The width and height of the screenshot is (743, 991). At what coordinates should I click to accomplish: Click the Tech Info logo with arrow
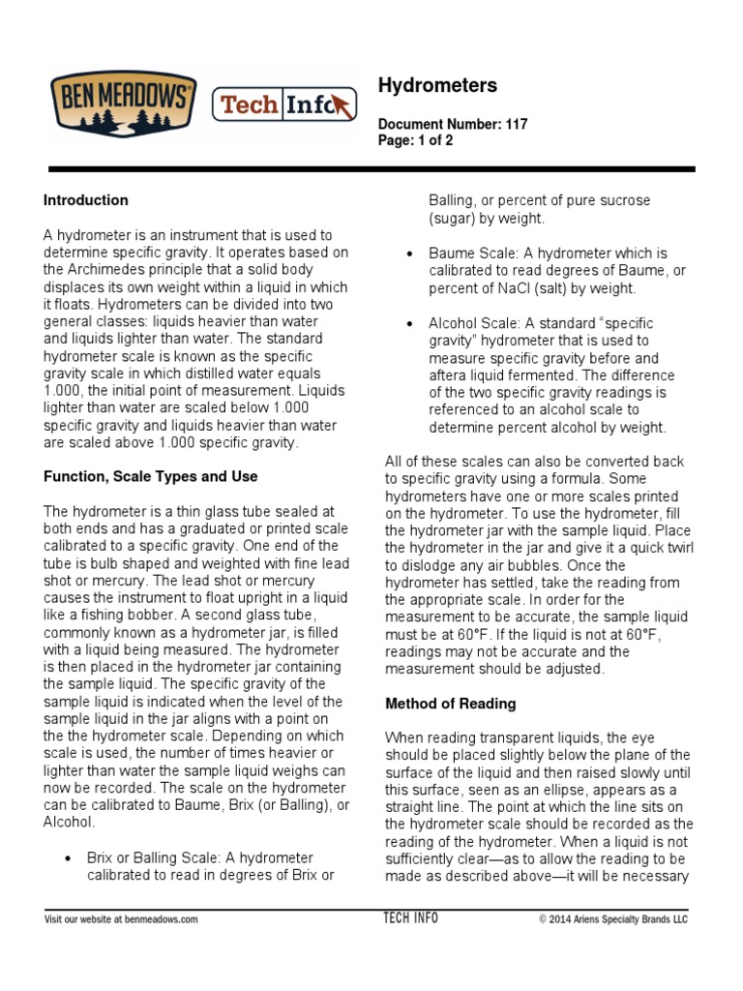point(284,105)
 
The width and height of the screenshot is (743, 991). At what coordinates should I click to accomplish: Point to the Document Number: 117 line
point(453,125)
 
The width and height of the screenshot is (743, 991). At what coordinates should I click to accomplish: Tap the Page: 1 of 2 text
point(415,140)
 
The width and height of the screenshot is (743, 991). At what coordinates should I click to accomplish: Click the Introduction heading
point(85,200)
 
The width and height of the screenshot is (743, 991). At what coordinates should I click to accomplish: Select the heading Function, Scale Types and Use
point(150,476)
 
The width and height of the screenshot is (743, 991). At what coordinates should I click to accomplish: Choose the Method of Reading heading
point(450,704)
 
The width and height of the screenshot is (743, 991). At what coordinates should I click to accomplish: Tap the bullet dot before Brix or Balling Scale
point(67,858)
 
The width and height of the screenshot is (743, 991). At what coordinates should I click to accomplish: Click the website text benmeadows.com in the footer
point(161,918)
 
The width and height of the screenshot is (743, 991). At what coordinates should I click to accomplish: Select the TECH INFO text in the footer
point(410,917)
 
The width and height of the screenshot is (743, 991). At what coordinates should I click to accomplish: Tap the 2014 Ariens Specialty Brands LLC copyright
point(612,918)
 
